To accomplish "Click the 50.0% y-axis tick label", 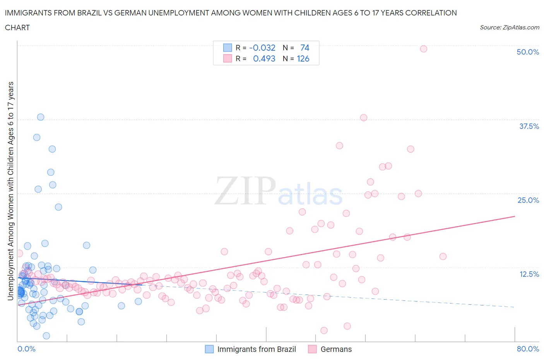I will point(528,52).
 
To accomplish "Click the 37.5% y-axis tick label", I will point(529,126).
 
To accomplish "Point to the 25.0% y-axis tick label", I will point(528,200).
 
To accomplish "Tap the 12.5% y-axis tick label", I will point(529,274).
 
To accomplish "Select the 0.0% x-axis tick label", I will point(26,349).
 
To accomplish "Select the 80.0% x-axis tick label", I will point(528,349).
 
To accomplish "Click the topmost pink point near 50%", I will point(423,49).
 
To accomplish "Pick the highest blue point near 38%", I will point(40,117).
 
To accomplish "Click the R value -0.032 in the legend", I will point(262,48).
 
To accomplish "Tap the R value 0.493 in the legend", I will point(264,58).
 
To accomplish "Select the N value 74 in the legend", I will point(305,48).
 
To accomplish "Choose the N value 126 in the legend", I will point(303,58).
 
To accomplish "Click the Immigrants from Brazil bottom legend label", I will point(257,349).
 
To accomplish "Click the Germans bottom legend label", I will point(336,349).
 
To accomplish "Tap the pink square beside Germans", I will point(312,349).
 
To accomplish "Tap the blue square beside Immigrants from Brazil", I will point(209,349).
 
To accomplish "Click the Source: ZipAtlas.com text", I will point(509,27).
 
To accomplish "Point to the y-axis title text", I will point(10,191).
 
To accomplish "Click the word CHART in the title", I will point(17,27).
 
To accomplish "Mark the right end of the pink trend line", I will point(515,216).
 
